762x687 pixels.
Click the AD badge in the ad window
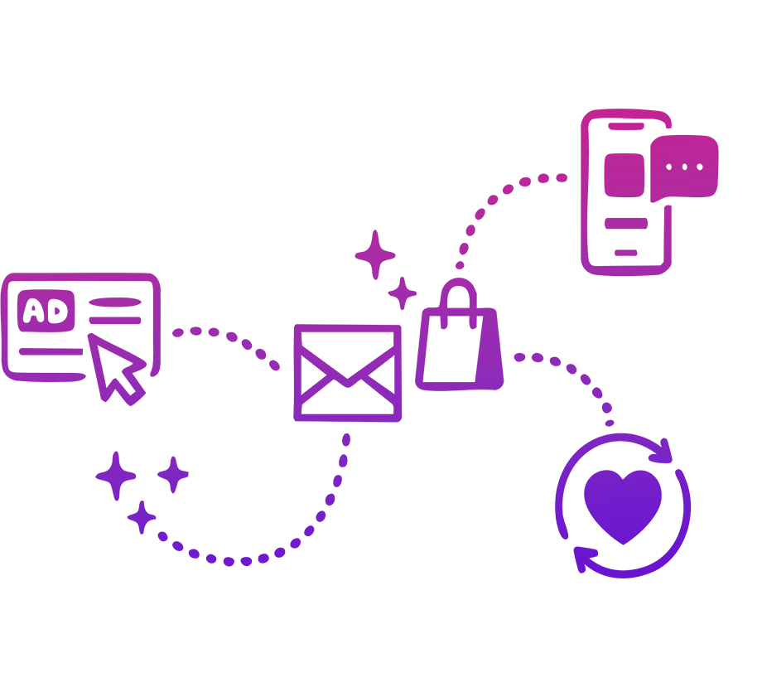(x=46, y=311)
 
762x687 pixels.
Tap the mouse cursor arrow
(x=116, y=369)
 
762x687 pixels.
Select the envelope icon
(x=348, y=373)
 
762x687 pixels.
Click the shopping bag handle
(x=458, y=302)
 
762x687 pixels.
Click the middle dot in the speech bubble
(x=684, y=167)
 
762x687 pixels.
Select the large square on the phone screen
(x=625, y=175)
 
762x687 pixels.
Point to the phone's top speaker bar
(x=626, y=127)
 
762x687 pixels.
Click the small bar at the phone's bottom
(x=626, y=253)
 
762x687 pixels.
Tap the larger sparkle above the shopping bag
(x=375, y=254)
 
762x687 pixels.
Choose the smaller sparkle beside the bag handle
(x=403, y=293)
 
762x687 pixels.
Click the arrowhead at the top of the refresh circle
(x=662, y=452)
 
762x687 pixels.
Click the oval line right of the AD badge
(x=115, y=302)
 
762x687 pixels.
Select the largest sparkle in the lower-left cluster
(x=116, y=476)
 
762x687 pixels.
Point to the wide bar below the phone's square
(x=626, y=223)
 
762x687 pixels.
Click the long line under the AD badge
(x=51, y=351)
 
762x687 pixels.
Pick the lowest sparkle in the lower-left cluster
(x=142, y=517)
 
